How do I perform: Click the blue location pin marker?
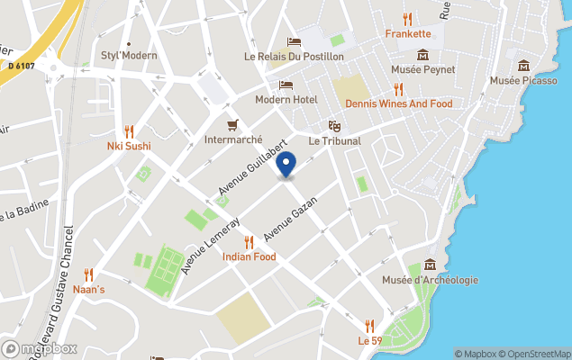[x=286, y=166]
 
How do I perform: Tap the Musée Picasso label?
[x=523, y=81]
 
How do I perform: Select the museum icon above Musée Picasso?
[x=523, y=65]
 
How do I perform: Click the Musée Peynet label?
[x=422, y=69]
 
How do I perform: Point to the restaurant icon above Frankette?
[x=407, y=18]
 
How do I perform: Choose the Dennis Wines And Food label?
[x=398, y=103]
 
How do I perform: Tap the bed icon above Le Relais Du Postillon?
[x=294, y=41]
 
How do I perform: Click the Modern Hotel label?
[x=285, y=99]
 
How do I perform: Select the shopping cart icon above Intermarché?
[x=232, y=124]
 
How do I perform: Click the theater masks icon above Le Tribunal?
[x=334, y=126]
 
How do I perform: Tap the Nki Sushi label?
[x=129, y=146]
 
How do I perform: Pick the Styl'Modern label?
[x=129, y=55]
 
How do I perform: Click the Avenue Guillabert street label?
[x=252, y=167]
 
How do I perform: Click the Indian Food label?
[x=249, y=256]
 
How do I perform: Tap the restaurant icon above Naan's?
[x=88, y=274]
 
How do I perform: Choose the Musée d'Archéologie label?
[x=430, y=280]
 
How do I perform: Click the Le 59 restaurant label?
[x=368, y=341]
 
